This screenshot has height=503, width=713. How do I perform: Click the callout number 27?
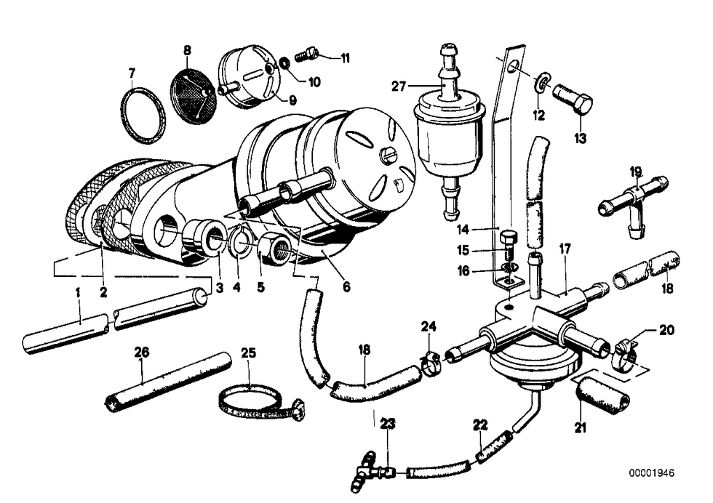pyautogui.click(x=399, y=86)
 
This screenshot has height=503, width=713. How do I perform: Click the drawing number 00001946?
pyautogui.click(x=652, y=473)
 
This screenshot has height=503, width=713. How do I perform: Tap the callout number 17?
pyautogui.click(x=565, y=249)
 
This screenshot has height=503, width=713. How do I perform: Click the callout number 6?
pyautogui.click(x=346, y=286)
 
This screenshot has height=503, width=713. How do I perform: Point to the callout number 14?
pyautogui.click(x=463, y=230)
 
